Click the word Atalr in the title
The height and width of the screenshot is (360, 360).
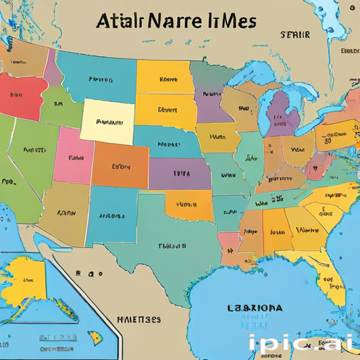coord(120,21)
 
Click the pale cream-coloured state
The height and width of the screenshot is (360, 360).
coord(108,121)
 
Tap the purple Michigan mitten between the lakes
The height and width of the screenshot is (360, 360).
coord(280,112)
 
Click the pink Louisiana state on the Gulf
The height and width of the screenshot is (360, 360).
coord(229,243)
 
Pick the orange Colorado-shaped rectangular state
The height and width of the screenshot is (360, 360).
coord(121,167)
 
